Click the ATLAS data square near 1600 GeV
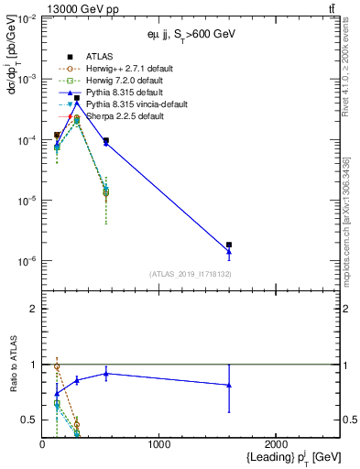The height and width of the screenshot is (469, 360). tap(229, 245)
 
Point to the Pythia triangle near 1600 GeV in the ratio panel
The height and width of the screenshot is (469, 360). tap(229, 385)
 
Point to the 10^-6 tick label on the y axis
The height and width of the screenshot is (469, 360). tap(26, 262)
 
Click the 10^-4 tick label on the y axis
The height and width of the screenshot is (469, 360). tap(26, 140)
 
